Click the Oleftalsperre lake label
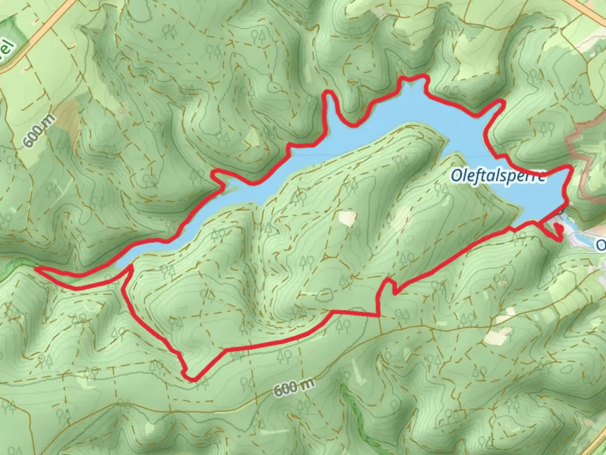pyautogui.click(x=498, y=176)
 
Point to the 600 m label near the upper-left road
pyautogui.click(x=39, y=131)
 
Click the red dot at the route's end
pyautogui.click(x=559, y=228)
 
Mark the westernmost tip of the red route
pyautogui.click(x=37, y=267)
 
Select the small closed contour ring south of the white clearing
pyautogui.click(x=323, y=294)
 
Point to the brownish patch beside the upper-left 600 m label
pyautogui.click(x=65, y=112)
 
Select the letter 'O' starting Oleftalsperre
pyautogui.click(x=456, y=176)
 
